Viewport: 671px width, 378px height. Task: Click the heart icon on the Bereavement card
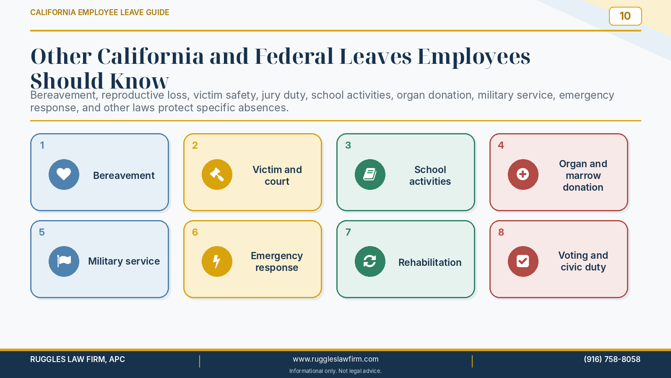coord(64,174)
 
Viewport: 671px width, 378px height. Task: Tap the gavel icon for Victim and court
coord(217,174)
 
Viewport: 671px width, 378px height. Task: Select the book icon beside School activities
coord(370,174)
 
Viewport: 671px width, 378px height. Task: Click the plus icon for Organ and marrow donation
coord(523,174)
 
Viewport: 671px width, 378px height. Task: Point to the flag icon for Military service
coord(64,261)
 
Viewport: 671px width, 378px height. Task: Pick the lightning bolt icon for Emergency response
coord(216,261)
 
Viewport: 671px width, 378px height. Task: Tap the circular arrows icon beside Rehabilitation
coord(370,261)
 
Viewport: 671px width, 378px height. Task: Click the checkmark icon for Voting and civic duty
coord(523,261)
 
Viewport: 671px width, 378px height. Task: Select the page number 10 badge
coord(625,16)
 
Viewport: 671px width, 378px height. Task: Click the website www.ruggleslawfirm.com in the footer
coord(335,359)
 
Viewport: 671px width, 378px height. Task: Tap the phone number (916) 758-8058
coord(612,359)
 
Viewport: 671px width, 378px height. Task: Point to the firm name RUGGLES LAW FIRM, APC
coord(78,359)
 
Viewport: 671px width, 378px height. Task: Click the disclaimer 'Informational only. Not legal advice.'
coord(335,371)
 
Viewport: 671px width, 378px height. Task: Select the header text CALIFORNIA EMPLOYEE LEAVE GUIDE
coord(100,12)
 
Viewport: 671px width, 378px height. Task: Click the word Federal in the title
coord(294,56)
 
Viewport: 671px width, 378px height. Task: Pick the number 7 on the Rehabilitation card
coord(348,232)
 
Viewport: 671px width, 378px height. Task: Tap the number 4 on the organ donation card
coord(501,145)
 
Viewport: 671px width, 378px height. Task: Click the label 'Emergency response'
coord(277,262)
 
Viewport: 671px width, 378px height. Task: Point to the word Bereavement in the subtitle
coord(64,95)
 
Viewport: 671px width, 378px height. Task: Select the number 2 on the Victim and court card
coord(195,145)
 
